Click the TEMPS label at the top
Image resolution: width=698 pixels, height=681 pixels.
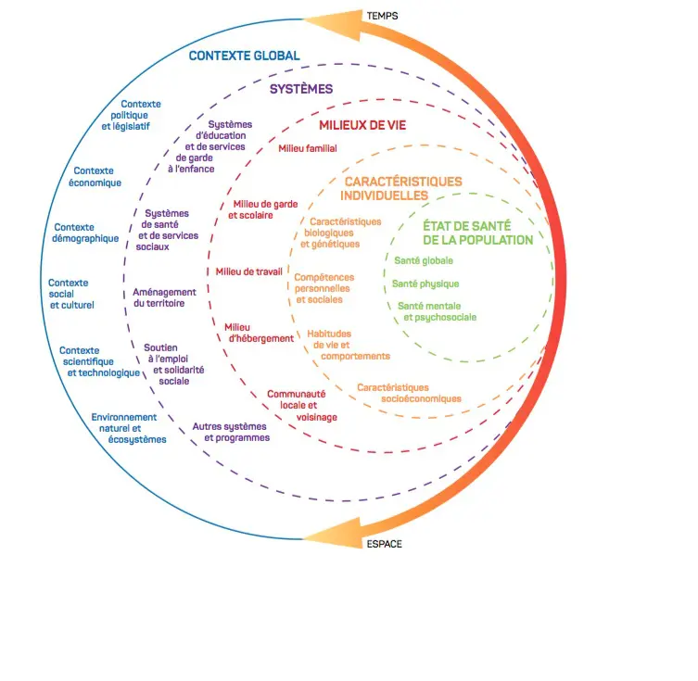(x=382, y=17)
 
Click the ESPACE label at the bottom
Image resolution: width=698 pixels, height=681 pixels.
(x=386, y=544)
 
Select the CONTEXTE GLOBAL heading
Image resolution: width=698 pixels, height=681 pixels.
(x=244, y=56)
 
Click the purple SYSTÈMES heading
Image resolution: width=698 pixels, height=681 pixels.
(x=301, y=89)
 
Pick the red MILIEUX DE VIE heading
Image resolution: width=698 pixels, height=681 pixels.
(x=362, y=125)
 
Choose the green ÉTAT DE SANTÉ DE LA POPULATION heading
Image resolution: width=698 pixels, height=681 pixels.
(x=477, y=233)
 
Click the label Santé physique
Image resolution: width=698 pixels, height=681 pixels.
(x=425, y=284)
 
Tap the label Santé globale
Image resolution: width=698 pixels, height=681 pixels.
(x=424, y=260)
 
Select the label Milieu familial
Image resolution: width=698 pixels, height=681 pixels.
(x=308, y=148)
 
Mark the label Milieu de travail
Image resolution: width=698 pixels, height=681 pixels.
(x=248, y=271)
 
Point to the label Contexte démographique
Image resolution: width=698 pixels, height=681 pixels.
(x=86, y=233)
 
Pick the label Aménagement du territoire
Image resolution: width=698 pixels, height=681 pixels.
(x=165, y=297)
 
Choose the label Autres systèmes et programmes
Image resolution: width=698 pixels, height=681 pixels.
(x=231, y=432)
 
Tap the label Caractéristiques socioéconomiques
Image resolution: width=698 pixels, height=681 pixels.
(x=409, y=393)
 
